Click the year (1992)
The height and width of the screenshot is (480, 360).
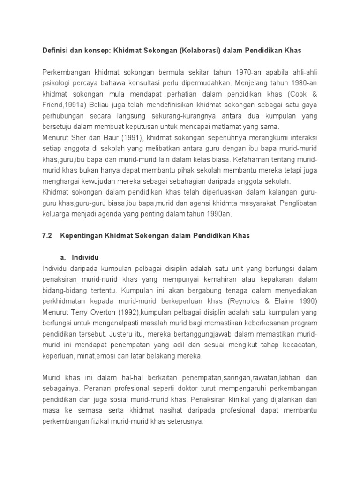pyautogui.click(x=137, y=313)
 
